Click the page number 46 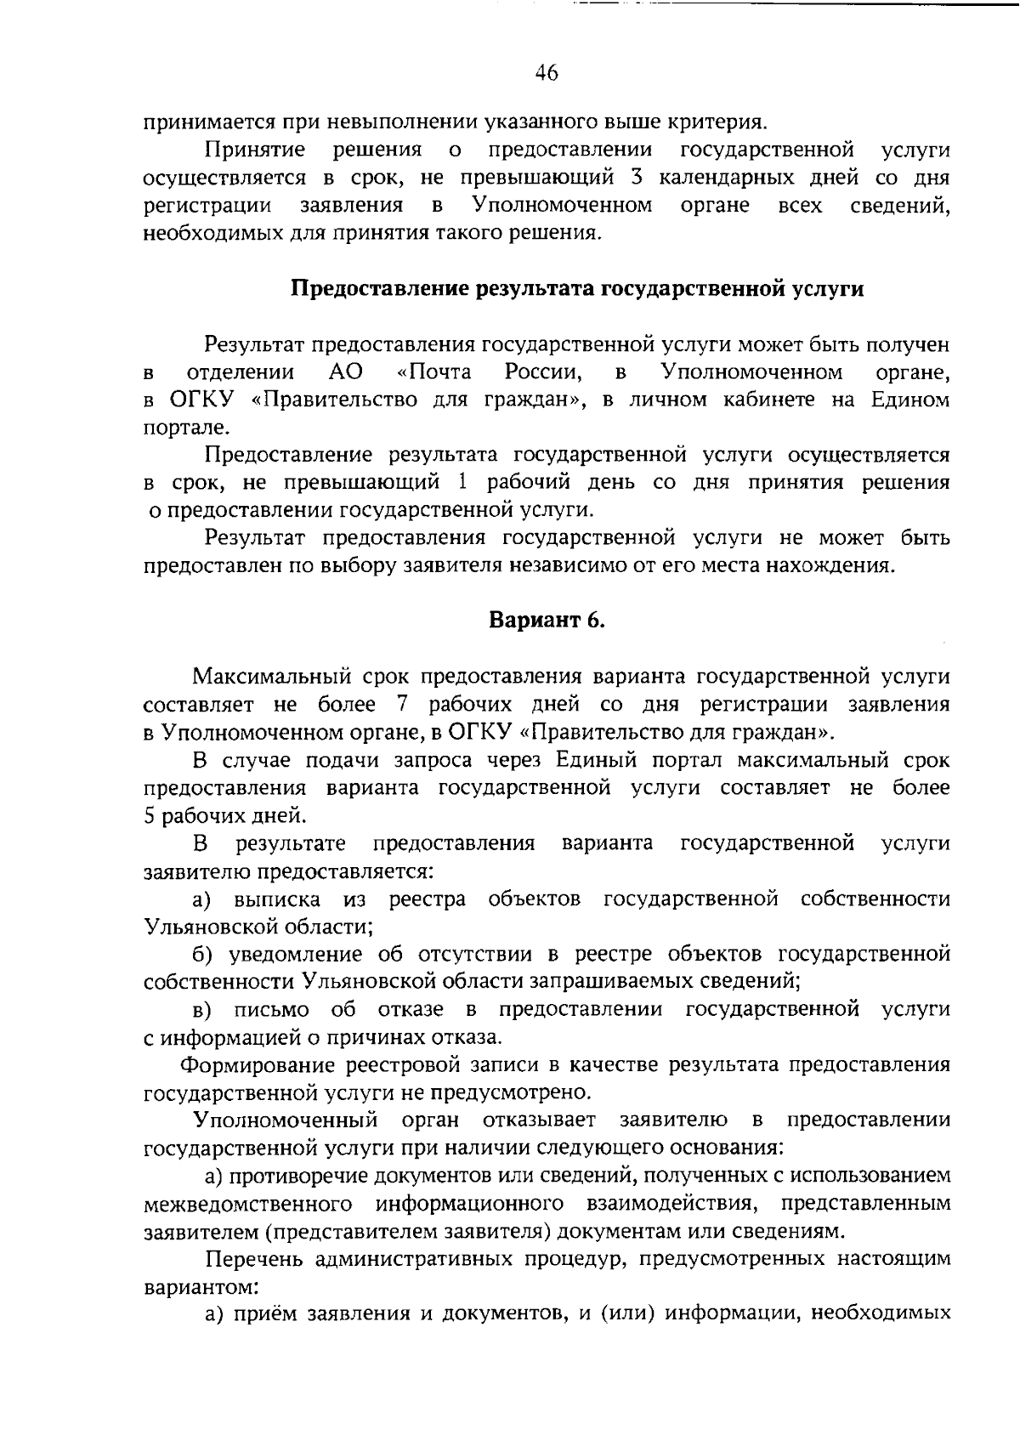547,73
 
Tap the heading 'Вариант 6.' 547,621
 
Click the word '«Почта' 433,372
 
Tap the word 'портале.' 175,428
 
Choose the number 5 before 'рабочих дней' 150,815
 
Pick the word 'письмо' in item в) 264,1009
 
